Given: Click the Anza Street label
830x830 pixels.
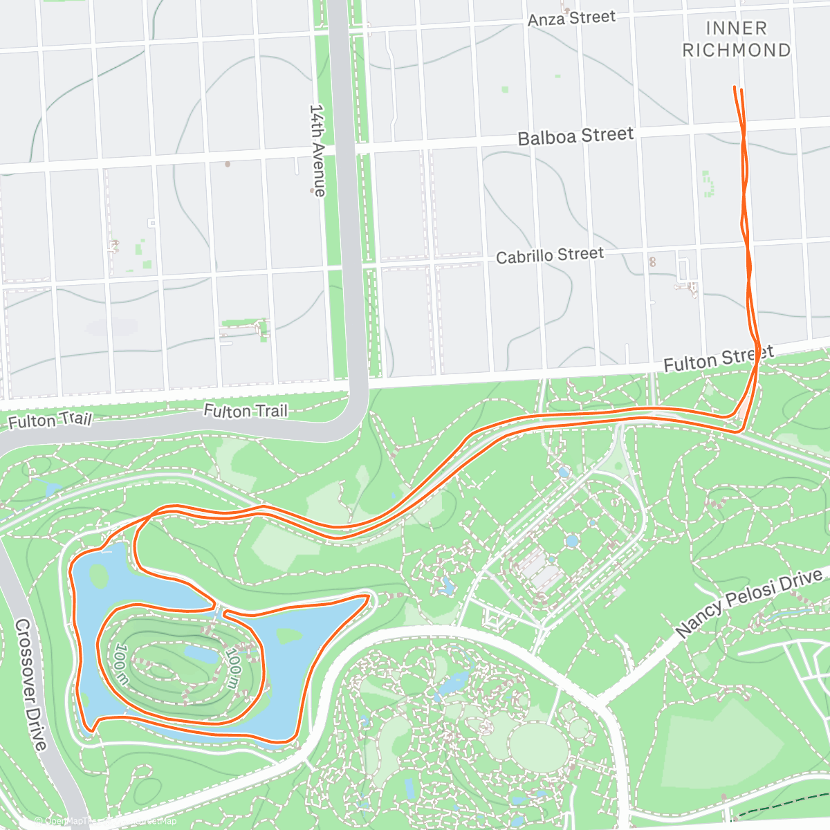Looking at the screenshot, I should pos(571,19).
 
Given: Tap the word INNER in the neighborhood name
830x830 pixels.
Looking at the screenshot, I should pos(736,28).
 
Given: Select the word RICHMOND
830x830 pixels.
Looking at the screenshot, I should pos(736,50).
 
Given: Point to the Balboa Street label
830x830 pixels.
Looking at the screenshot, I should pos(575,136).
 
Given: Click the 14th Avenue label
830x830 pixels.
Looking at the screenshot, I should pos(317,150).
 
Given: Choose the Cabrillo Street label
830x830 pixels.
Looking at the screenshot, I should pos(550,256).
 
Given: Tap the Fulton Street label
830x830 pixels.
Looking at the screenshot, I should pos(718,359).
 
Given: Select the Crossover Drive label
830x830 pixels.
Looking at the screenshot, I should pos(31,685).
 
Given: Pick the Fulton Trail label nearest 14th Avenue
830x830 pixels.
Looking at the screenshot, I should pos(245,411).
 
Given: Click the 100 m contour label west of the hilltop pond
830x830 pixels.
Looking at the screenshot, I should pos(122,665).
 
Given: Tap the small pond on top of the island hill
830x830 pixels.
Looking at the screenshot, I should pos(201,653).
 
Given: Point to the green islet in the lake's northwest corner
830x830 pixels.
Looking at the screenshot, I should pos(98,575).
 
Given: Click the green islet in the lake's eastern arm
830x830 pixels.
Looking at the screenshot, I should pos(288,636).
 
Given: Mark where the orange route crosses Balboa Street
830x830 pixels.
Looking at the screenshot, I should pos(743,127).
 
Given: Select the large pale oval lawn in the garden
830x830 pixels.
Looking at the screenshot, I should pos(537,747).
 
